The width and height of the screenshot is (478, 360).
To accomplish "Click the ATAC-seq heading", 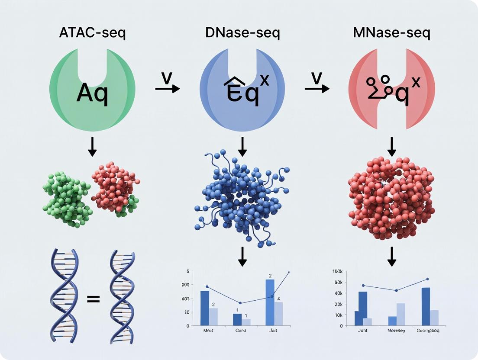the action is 92,33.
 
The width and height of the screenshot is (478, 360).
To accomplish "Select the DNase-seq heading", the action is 242,33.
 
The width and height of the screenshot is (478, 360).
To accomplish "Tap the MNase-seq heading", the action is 392,33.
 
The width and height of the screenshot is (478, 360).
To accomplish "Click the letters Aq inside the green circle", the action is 92,93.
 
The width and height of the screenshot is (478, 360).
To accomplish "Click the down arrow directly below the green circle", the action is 92,148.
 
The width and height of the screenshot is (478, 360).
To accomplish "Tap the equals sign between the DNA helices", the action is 93,299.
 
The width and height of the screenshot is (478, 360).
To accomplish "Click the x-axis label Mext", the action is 209,331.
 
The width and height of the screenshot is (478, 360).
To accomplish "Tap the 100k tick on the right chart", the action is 337,271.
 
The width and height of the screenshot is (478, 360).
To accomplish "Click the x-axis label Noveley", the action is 396,331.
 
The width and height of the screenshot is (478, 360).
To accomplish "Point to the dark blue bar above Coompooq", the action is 426,306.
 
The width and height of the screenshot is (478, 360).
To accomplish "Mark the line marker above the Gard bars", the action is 240,303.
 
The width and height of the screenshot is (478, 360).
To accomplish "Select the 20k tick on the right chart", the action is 338,304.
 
